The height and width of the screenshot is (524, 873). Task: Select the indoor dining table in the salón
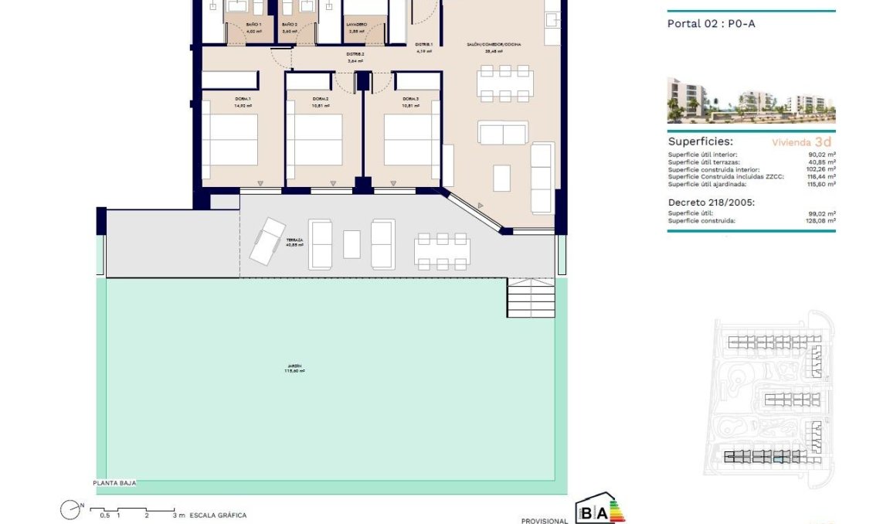[x=505, y=83]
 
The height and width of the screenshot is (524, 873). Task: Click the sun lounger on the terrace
[x=268, y=241]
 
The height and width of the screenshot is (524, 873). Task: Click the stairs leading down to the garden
[x=531, y=298]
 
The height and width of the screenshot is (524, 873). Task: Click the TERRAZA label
[x=294, y=241]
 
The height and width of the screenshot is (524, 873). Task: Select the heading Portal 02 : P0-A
[x=711, y=24]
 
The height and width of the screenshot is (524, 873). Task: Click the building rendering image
[x=751, y=100]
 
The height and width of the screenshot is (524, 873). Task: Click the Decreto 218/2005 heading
[x=708, y=202]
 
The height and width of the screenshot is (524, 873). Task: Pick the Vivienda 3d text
[x=802, y=142]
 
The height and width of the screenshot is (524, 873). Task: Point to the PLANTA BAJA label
[x=114, y=483]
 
